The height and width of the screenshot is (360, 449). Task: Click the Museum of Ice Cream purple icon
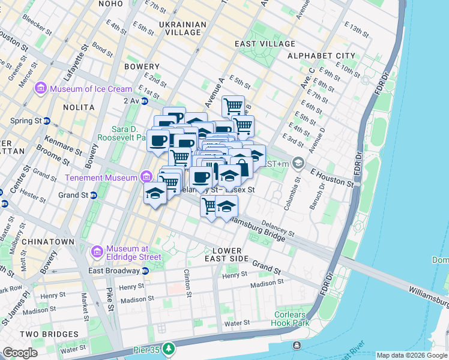click(41, 89)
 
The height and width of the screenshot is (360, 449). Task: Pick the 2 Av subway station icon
click(146, 101)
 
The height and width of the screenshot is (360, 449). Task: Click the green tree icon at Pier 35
click(169, 347)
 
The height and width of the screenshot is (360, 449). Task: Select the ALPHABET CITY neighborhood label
click(321, 56)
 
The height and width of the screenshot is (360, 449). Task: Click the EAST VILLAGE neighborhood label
click(265, 44)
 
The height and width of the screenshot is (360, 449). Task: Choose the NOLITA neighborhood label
click(79, 107)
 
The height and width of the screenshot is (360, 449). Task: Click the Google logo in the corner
click(20, 353)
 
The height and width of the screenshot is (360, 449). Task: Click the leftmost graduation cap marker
click(155, 193)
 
